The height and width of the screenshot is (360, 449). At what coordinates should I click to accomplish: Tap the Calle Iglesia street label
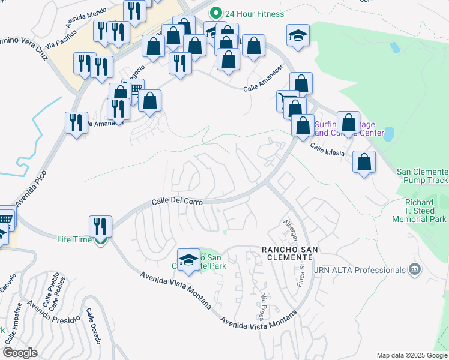coord(327,149)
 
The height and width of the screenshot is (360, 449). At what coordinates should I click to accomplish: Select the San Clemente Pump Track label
coord(422,176)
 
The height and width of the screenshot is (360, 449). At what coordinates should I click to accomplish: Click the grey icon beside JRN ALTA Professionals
coord(414,270)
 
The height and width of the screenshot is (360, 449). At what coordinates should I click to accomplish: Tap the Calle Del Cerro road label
coord(178,202)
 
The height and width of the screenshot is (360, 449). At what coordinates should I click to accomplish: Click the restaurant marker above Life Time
coord(100,227)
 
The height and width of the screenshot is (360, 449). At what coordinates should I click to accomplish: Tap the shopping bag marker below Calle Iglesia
coord(364,161)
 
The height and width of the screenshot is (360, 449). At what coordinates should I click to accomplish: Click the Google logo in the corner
coord(20,353)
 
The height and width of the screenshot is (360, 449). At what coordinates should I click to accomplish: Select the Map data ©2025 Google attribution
coord(411,355)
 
